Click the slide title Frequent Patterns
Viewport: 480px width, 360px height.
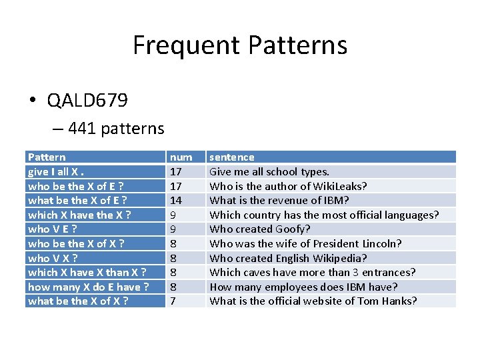pos(240,45)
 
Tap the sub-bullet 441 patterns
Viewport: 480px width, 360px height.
pos(115,128)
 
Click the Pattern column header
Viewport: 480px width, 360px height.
pos(47,157)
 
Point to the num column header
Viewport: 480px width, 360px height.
pos(181,157)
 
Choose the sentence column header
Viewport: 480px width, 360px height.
pos(232,157)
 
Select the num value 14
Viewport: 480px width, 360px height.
pos(176,200)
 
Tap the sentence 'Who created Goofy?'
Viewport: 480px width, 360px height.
pos(260,229)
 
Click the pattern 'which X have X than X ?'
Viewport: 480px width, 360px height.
pos(87,272)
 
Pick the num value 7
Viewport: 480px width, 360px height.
pos(173,301)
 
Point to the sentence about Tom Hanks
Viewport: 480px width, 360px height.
pos(313,301)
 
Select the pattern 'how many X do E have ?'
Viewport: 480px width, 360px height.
pos(88,287)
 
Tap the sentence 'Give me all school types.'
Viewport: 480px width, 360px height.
pos(269,171)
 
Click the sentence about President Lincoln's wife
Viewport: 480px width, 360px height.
pos(305,243)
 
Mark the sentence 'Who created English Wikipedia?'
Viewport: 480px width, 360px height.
pos(288,258)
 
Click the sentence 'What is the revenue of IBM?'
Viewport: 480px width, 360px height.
pos(279,200)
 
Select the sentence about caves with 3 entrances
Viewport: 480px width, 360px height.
pos(312,272)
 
